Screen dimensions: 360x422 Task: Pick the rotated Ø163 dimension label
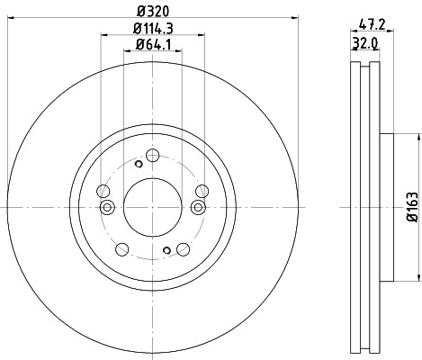tap(410, 207)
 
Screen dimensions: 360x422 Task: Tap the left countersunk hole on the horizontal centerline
tap(108, 208)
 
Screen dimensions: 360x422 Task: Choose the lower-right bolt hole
tap(182, 248)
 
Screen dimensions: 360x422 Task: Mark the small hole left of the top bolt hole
tap(138, 164)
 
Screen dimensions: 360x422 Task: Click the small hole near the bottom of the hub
tap(166, 250)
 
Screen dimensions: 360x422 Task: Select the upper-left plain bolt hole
tap(103, 191)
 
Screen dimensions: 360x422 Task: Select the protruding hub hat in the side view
tap(386, 206)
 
